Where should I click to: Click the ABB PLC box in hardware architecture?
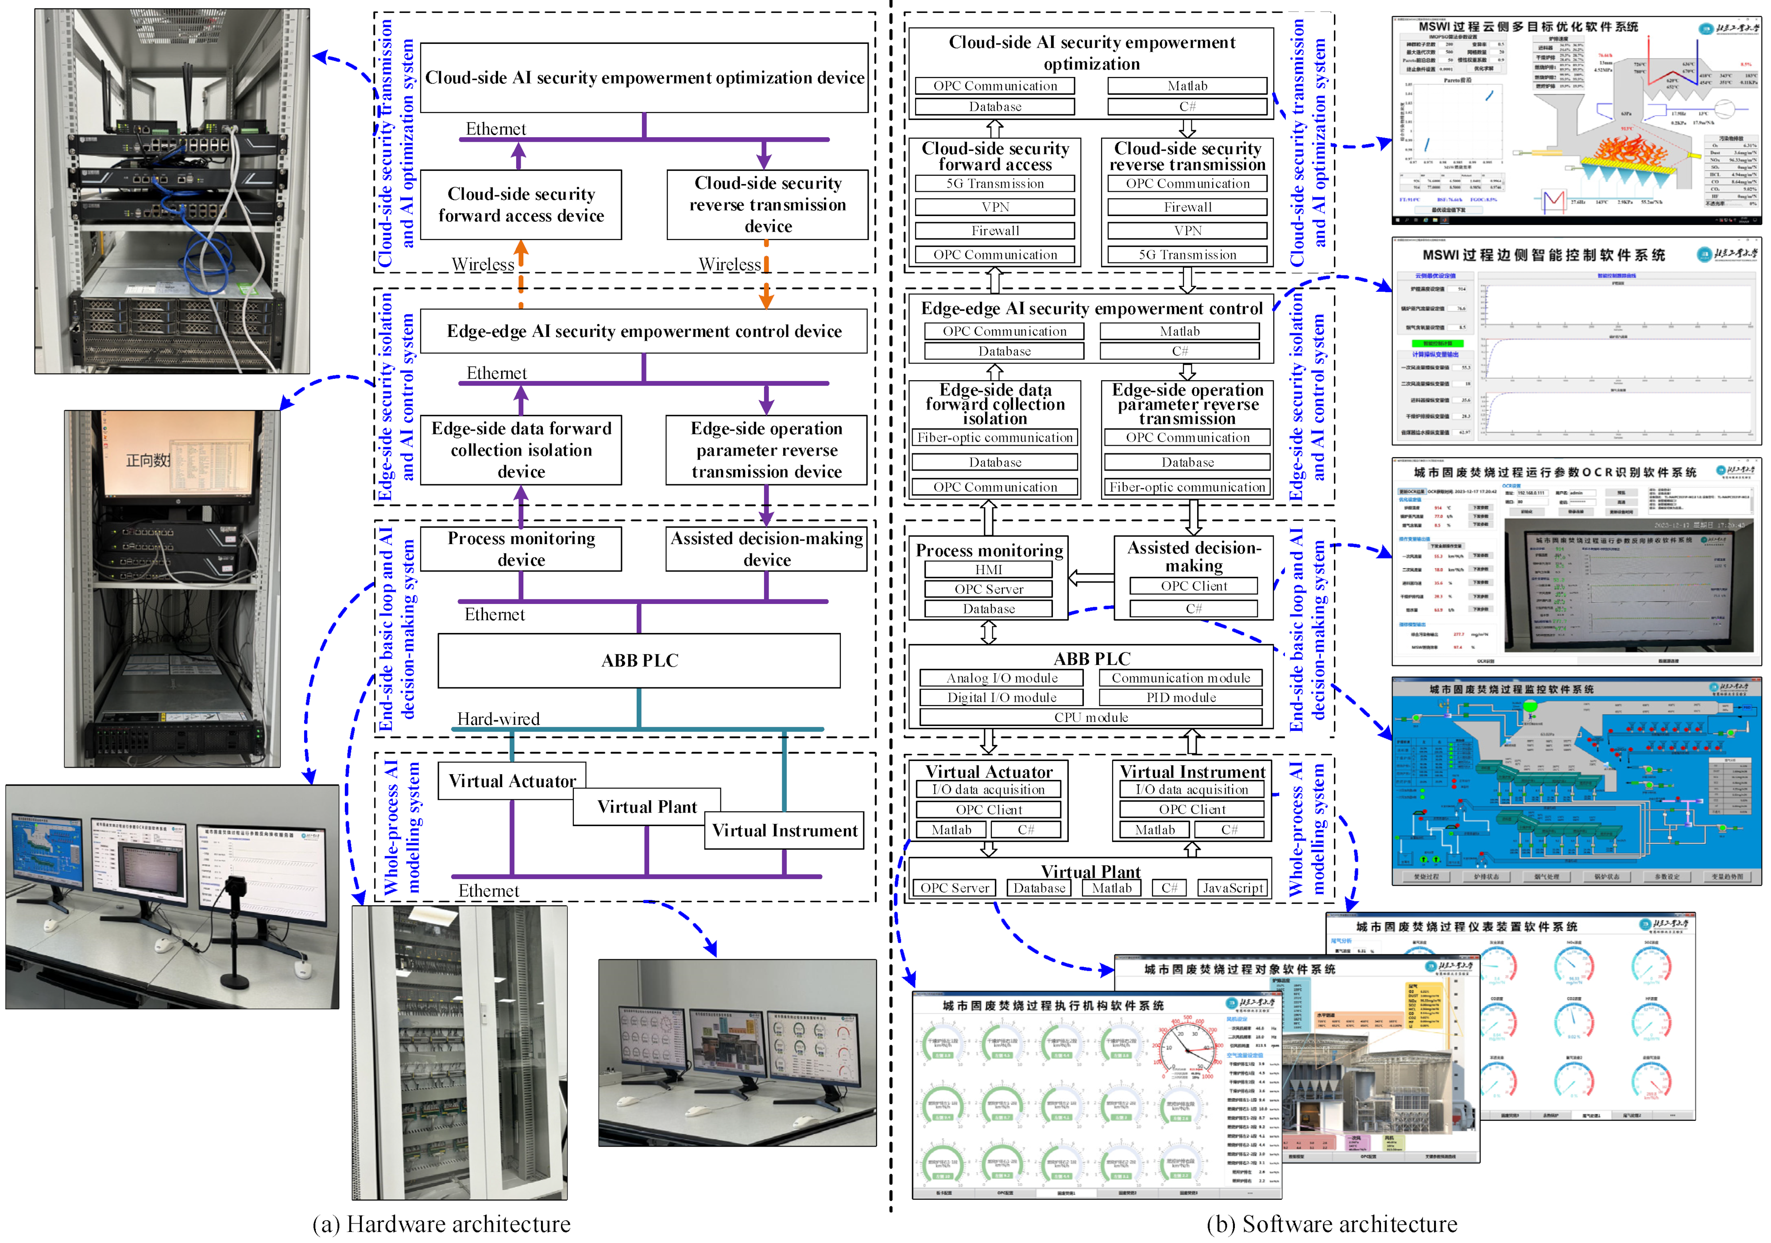639,661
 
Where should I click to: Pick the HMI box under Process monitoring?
988,570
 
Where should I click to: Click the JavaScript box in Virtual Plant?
1233,888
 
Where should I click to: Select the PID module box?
1180,698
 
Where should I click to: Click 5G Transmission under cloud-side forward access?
994,184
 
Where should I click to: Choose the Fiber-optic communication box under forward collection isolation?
994,438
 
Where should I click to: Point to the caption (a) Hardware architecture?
441,1224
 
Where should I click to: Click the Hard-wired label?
498,718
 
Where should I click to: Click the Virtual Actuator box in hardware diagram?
512,781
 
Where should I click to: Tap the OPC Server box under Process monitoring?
988,589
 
